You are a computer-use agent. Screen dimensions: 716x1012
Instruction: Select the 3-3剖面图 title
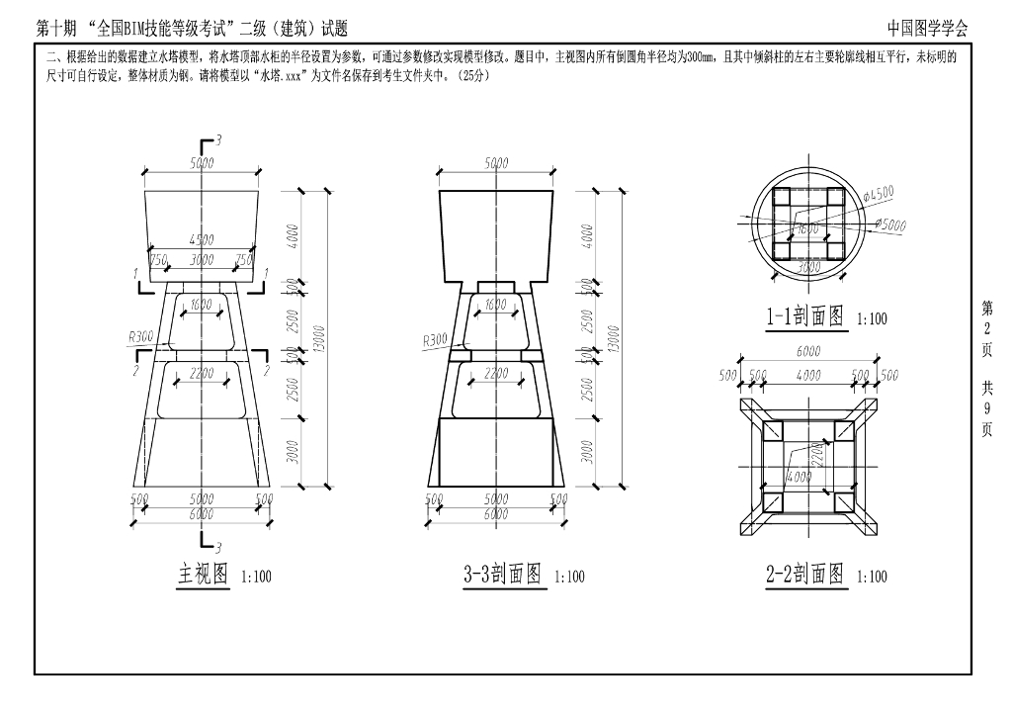[x=502, y=574]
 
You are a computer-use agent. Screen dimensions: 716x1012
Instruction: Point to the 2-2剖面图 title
[x=805, y=574]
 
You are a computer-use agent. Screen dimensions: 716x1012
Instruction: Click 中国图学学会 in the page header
[x=927, y=28]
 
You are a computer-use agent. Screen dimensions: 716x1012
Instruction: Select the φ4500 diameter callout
[x=879, y=194]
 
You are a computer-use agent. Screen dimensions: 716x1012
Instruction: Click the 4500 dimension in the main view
[x=201, y=239]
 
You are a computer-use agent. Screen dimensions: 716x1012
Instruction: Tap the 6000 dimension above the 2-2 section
[x=808, y=350]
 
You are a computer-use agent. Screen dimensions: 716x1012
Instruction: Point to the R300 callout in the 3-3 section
[x=434, y=339]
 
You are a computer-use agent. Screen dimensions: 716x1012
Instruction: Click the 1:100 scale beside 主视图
[x=256, y=577]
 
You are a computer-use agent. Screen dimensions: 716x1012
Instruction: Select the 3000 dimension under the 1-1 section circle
[x=809, y=267]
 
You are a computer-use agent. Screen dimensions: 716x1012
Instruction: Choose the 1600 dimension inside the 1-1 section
[x=807, y=229]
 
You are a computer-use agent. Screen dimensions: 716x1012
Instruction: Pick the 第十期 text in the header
[x=54, y=28]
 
